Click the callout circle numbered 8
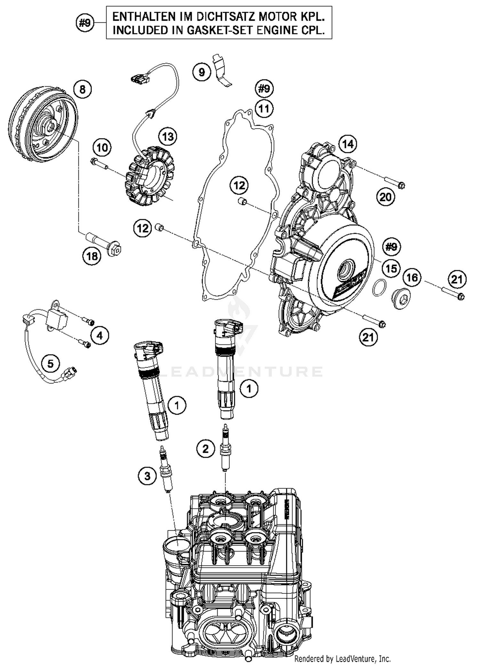[x=82, y=89]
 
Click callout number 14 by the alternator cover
[x=348, y=144]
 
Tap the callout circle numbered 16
[x=412, y=277]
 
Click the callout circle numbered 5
[x=51, y=363]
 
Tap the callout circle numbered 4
[x=100, y=335]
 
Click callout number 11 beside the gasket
[x=264, y=109]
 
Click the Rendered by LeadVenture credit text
[x=342, y=659]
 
